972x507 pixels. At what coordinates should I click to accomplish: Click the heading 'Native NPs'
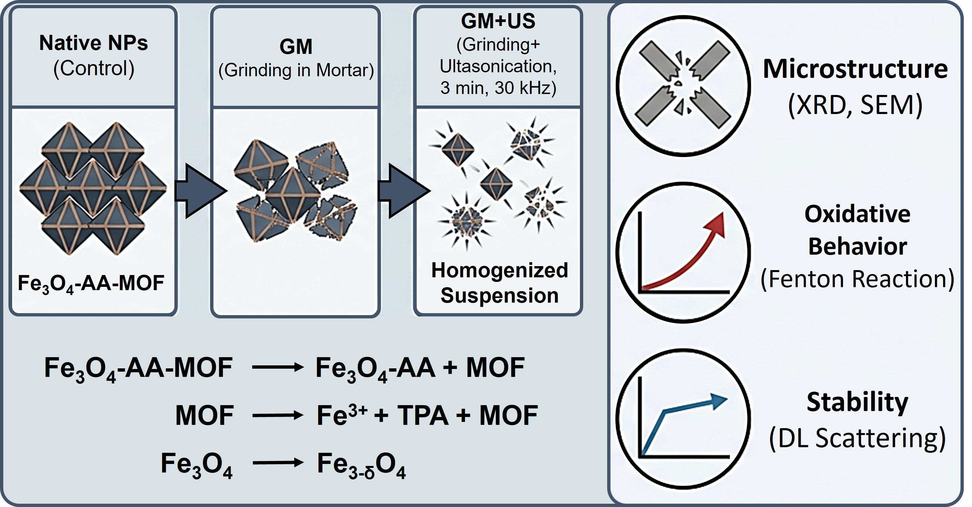93,43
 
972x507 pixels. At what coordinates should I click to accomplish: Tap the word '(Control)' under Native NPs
94,68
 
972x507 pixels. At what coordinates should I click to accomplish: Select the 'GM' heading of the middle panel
296,47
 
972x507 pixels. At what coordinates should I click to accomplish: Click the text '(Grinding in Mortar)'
296,70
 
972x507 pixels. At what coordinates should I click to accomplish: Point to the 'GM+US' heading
498,21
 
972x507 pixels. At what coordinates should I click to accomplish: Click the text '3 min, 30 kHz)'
498,88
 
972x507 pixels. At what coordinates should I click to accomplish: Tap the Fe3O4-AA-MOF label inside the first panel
91,284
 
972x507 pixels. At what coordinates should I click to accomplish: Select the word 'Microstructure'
855,69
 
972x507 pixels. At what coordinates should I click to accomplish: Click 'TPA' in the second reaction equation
423,415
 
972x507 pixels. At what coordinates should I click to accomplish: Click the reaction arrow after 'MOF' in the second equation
278,416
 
